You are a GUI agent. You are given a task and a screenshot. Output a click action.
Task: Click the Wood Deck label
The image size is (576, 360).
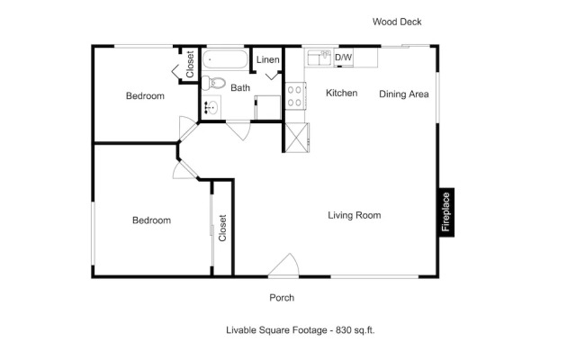click(x=397, y=22)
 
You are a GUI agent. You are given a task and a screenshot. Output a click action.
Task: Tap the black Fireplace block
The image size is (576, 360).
click(x=446, y=212)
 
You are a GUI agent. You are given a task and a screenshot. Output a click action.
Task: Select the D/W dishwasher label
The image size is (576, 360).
click(x=344, y=58)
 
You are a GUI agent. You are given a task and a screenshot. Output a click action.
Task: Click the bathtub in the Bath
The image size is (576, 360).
click(x=225, y=59)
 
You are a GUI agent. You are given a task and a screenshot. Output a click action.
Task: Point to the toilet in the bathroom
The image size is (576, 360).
click(x=213, y=83)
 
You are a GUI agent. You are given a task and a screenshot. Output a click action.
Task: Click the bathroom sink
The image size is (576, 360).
click(x=211, y=107)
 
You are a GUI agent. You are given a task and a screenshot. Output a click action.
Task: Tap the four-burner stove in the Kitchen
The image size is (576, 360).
click(x=295, y=96)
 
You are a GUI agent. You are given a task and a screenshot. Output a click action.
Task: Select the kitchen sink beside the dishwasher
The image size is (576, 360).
click(x=319, y=58)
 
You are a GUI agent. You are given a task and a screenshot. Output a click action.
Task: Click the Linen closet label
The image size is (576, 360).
click(x=268, y=59)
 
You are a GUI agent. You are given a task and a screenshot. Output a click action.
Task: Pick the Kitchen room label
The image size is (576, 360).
click(x=342, y=93)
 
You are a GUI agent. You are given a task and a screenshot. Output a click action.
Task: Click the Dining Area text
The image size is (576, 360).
click(x=404, y=94)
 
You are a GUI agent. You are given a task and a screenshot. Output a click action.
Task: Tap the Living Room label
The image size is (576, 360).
click(x=354, y=215)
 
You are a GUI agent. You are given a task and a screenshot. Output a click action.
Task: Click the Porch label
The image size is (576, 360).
click(x=282, y=298)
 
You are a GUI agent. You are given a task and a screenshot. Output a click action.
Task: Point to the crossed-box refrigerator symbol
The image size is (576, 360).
click(x=297, y=138)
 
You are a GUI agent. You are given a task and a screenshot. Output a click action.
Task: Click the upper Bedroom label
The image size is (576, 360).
click(x=145, y=96)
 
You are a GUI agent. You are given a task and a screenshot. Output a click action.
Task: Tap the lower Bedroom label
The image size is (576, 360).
click(x=151, y=220)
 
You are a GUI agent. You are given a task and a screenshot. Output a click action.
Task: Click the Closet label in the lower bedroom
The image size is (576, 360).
click(x=222, y=228)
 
